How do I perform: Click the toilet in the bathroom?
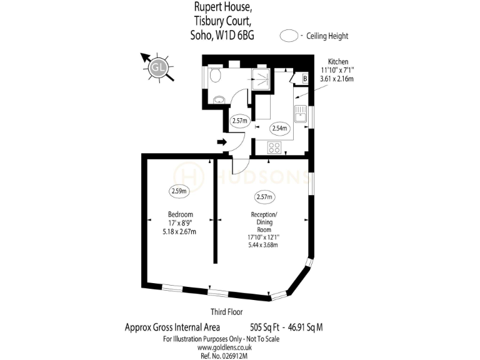(214, 76)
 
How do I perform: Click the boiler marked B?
(304, 79)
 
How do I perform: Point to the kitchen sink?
(299, 114)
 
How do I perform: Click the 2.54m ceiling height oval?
(280, 129)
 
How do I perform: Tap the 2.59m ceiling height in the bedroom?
(178, 192)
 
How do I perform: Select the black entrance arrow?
(222, 142)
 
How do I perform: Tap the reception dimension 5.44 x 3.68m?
(263, 245)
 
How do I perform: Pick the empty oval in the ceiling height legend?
(289, 36)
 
